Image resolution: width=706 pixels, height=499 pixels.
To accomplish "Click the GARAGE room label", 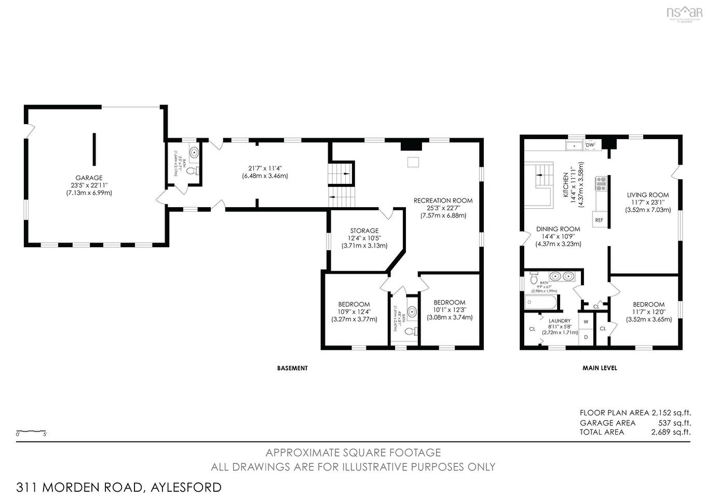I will click(89, 178).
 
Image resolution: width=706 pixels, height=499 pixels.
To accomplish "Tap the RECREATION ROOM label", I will click(443, 200).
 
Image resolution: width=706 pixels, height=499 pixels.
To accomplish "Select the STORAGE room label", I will click(364, 231).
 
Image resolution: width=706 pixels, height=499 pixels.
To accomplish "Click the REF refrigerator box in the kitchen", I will click(599, 220).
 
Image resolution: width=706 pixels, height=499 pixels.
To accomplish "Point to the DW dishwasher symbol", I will click(590, 145).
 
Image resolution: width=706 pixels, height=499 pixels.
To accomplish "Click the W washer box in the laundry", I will click(586, 321).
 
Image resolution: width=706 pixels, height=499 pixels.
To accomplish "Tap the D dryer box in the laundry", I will click(586, 337).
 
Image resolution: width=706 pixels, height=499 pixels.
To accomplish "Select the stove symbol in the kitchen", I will click(602, 181).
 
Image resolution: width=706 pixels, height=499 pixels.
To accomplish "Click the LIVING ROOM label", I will click(647, 195).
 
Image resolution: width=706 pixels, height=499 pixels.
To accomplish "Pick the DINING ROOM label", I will click(558, 229).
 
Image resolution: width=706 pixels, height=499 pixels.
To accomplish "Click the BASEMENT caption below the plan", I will click(292, 368).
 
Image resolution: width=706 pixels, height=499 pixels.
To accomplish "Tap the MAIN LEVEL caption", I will click(600, 368).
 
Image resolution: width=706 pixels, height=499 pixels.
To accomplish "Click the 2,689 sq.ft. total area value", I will click(671, 432).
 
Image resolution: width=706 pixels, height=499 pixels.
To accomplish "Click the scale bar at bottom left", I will click(31, 431).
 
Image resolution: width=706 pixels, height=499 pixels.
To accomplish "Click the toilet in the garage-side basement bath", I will click(191, 170).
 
